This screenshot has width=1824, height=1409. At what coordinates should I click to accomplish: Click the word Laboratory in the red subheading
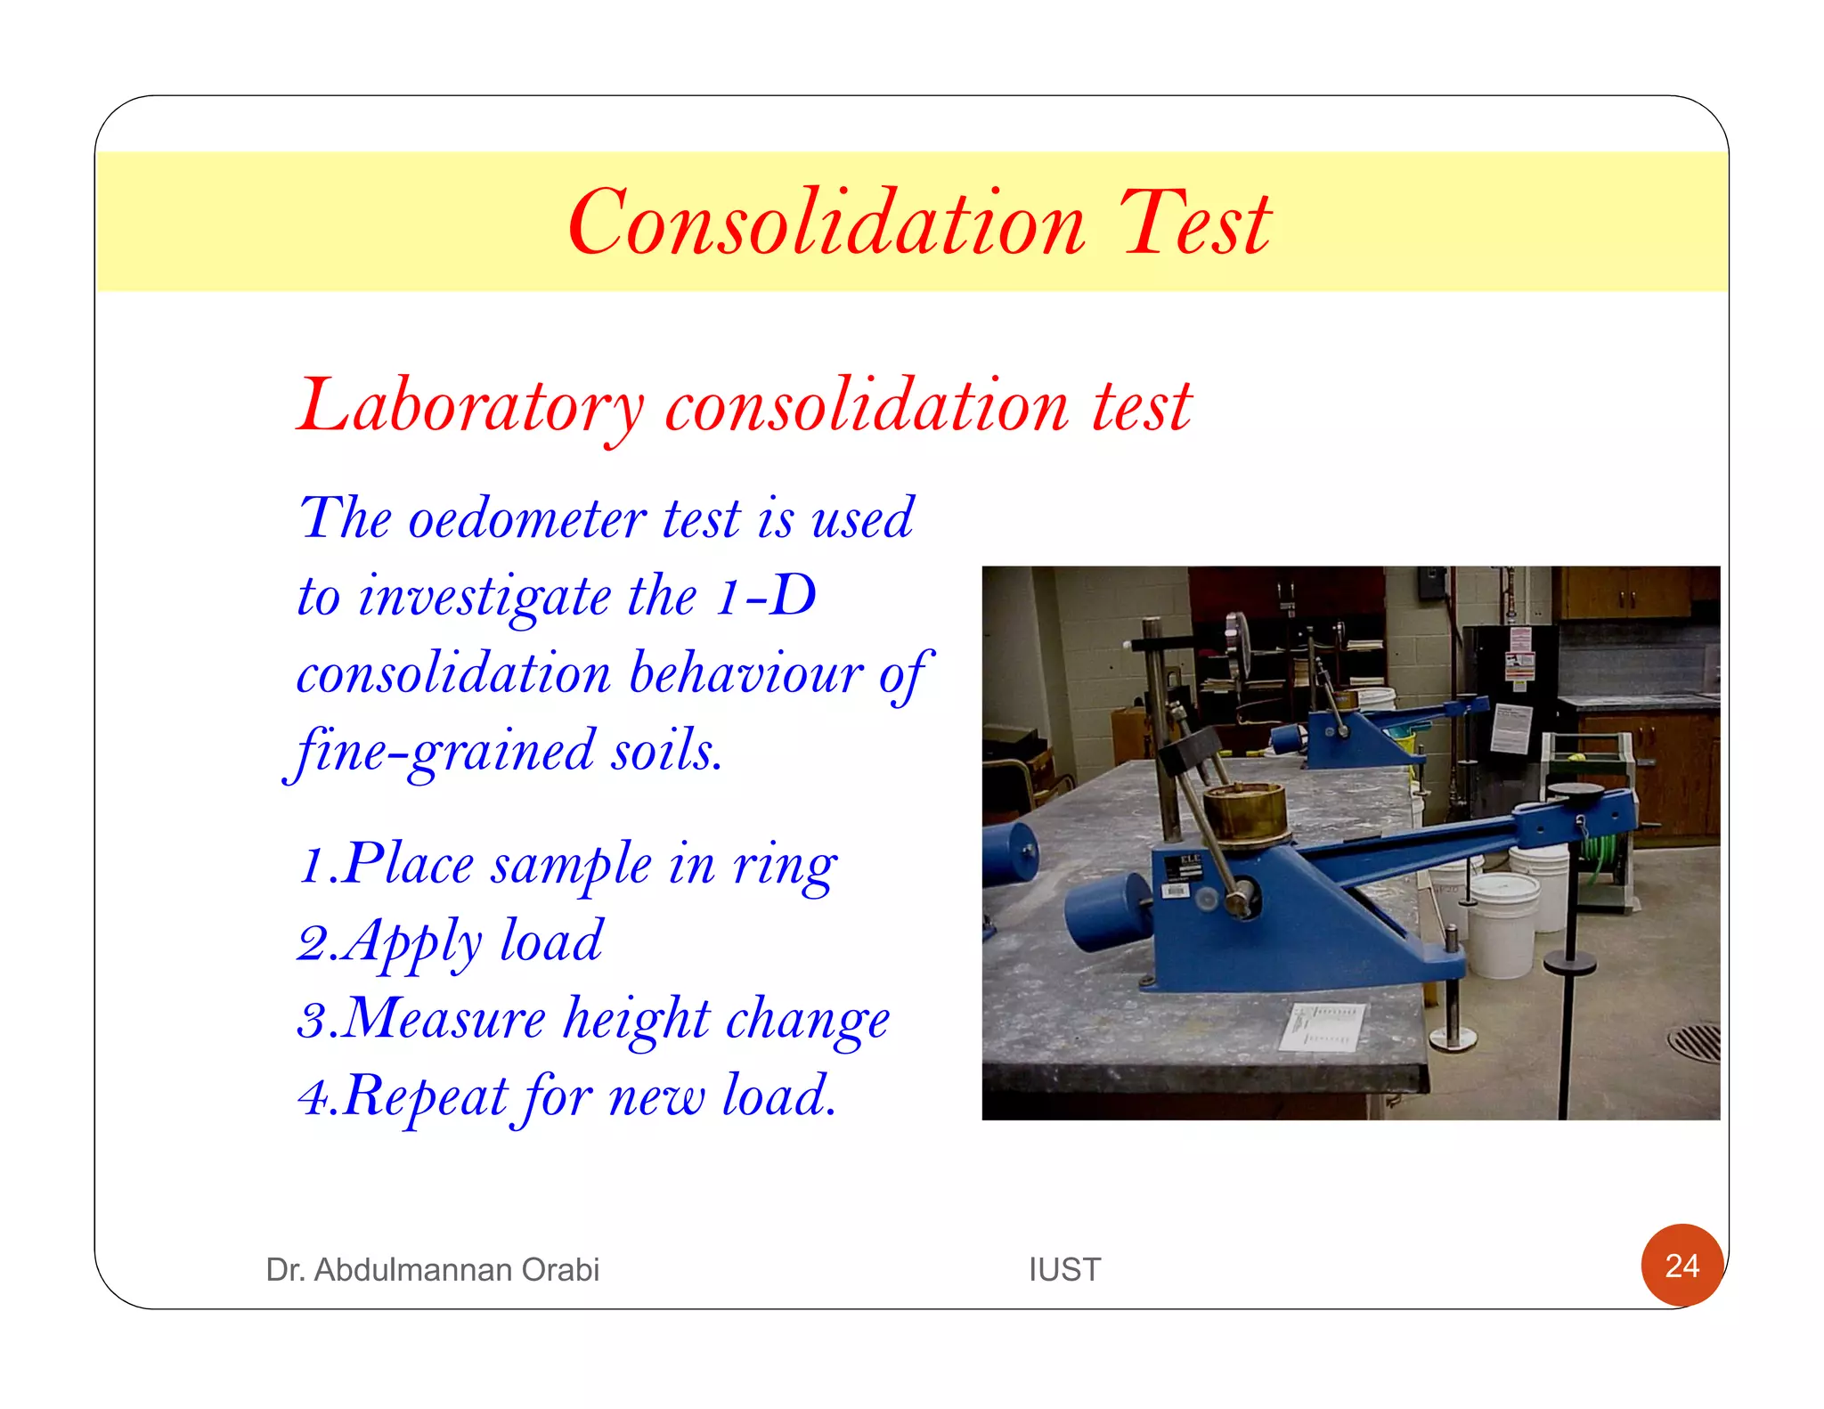(x=470, y=407)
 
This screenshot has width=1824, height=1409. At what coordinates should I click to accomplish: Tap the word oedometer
(x=526, y=518)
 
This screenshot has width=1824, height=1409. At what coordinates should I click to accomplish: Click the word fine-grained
(x=443, y=751)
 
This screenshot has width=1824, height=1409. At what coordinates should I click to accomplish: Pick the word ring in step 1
(x=785, y=865)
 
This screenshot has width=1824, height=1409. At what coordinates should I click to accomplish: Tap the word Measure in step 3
(x=443, y=1019)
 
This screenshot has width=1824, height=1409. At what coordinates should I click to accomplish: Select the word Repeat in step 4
(x=425, y=1096)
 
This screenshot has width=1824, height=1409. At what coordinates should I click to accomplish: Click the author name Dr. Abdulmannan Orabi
(x=432, y=1269)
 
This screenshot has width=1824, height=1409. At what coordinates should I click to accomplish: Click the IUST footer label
(x=1064, y=1269)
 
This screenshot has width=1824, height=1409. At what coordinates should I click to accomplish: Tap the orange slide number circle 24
(x=1681, y=1266)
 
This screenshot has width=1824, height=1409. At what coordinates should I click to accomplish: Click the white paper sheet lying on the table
(x=1321, y=1026)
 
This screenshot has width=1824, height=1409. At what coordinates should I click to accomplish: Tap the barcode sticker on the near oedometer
(x=1175, y=891)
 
